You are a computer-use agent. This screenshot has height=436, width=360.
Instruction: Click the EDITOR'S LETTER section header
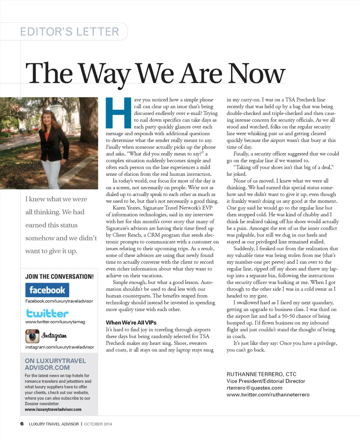coord(70,32)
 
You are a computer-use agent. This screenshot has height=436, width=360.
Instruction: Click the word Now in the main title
coord(256,74)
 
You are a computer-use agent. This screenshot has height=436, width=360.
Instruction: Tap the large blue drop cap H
coord(118,113)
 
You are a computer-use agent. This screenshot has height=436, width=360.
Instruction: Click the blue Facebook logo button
coord(47,290)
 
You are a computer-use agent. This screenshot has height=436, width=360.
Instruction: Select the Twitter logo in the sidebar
coord(47,313)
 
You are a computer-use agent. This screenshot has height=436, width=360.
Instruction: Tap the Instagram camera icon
coord(32,336)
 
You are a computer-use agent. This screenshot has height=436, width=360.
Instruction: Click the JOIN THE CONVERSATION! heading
coord(59,277)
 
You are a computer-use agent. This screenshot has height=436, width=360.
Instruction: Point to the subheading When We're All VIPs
coord(131,322)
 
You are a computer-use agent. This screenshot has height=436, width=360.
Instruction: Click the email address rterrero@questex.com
coord(255,388)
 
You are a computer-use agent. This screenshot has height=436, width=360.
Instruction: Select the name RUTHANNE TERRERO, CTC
coord(262,374)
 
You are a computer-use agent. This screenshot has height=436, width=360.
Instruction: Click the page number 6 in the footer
coord(22,424)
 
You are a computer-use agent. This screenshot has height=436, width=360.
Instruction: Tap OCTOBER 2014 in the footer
coord(98,424)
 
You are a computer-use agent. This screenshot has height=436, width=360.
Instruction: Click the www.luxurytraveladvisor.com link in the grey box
coord(53,409)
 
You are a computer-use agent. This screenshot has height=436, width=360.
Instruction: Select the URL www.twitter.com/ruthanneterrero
coord(268,395)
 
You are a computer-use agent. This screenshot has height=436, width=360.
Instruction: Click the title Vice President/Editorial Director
coord(266,381)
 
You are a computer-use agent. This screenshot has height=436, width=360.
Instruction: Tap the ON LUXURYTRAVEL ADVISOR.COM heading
coord(55,364)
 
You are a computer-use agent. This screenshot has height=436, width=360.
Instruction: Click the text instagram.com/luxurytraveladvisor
coord(60,347)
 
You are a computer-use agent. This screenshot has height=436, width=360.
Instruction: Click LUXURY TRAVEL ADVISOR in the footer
coord(54,424)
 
